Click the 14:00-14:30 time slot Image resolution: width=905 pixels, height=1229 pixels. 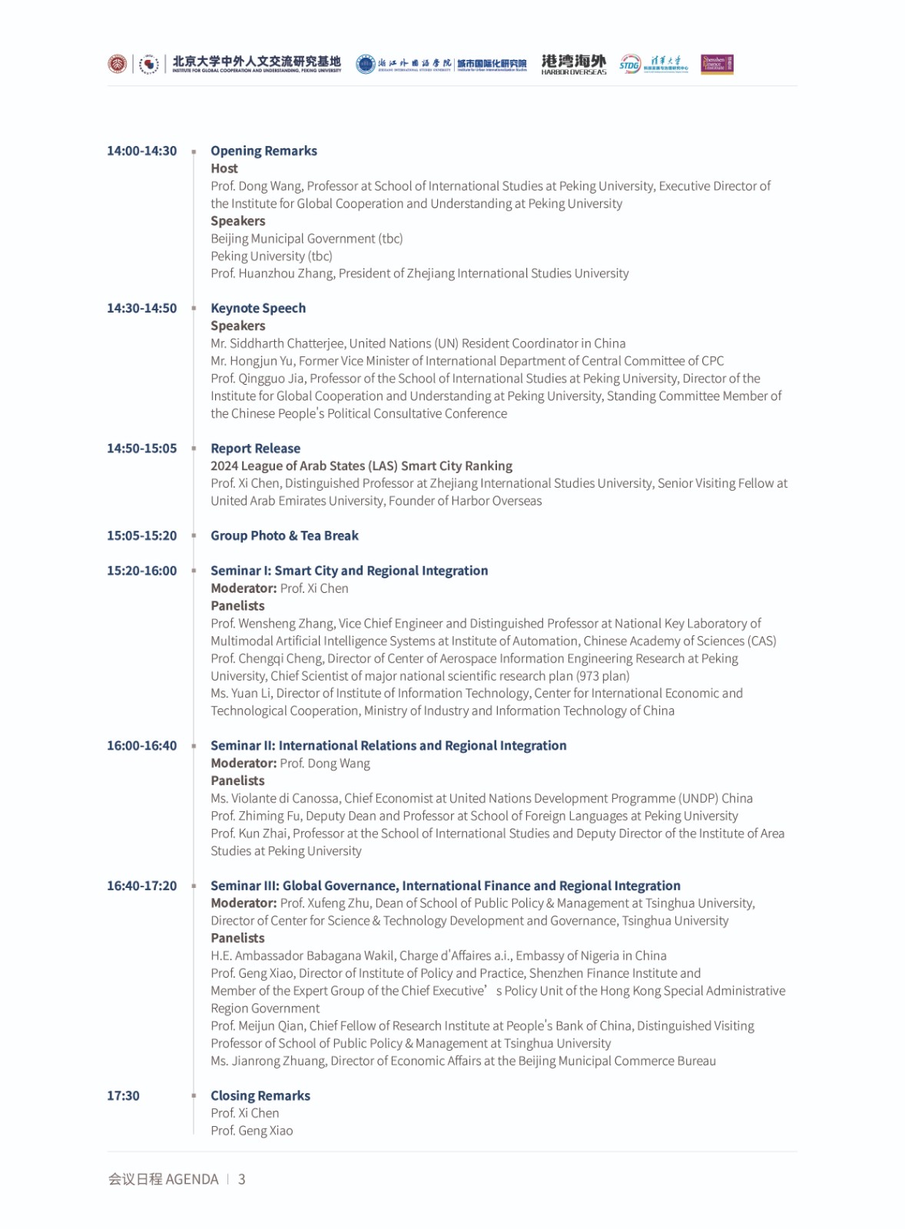point(141,151)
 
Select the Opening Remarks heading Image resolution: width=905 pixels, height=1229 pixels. point(264,151)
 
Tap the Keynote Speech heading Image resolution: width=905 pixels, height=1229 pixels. point(258,308)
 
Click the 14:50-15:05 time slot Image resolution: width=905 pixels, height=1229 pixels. point(141,448)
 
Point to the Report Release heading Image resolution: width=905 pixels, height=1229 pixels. point(255,448)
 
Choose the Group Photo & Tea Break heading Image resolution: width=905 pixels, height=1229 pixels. point(284,535)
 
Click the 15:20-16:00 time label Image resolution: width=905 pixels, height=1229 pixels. point(141,571)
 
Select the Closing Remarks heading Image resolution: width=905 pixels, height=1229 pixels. point(260,1095)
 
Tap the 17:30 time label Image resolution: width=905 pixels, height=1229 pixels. point(123,1095)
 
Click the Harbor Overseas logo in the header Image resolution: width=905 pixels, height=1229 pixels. point(574,64)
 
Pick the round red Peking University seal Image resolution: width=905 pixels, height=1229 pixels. point(117,64)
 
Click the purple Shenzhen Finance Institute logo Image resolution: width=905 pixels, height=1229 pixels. point(717,64)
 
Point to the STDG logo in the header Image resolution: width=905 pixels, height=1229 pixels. point(630,64)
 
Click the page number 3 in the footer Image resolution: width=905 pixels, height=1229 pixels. point(241,1179)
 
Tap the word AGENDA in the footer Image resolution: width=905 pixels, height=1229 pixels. point(192,1179)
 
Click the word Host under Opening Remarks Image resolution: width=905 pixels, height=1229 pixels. point(224,168)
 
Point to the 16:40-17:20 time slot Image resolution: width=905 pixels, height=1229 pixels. point(141,886)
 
